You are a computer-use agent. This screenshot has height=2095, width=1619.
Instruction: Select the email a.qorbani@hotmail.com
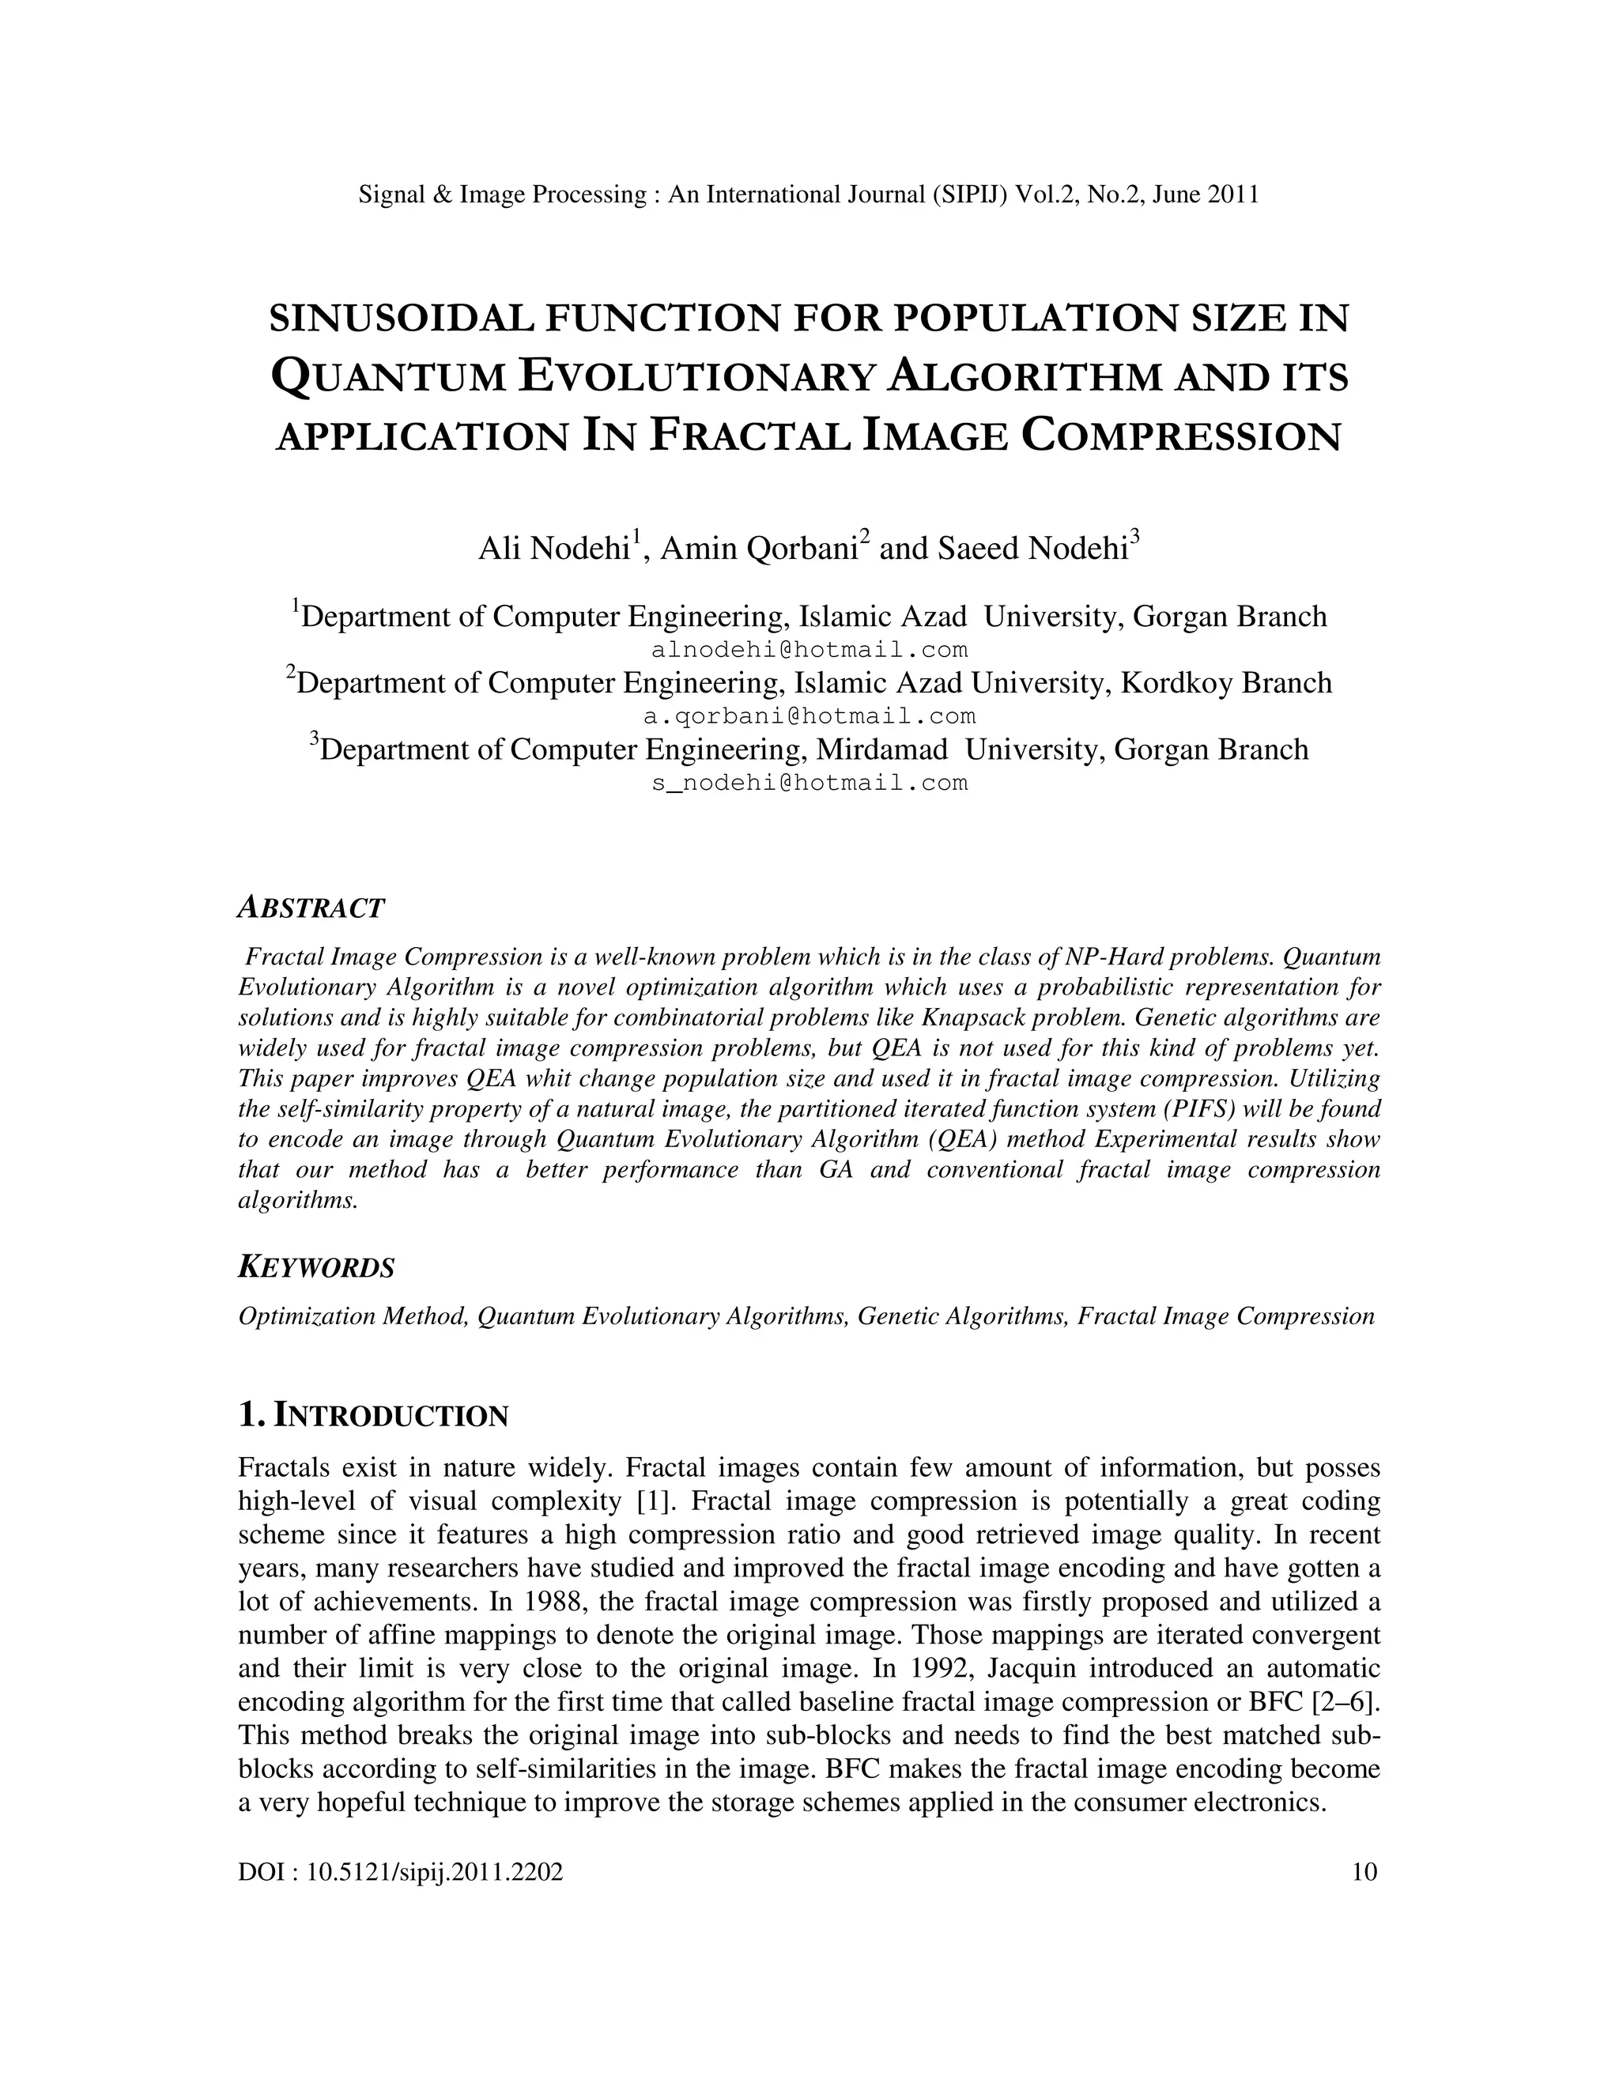click(809, 715)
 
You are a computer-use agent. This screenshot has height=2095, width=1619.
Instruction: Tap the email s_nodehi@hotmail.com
click(809, 783)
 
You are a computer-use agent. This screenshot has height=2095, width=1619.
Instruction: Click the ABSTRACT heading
click(311, 908)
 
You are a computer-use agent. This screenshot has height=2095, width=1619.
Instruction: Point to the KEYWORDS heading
click(315, 1267)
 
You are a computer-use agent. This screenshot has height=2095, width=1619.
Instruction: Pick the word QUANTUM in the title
click(388, 377)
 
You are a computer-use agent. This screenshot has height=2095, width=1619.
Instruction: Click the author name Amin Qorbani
click(757, 549)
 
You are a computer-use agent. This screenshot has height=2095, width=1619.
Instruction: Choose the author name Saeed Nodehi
click(1031, 549)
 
